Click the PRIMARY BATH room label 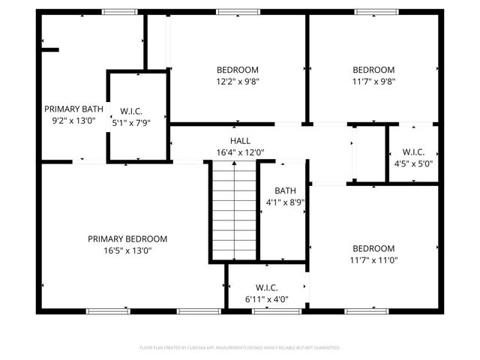73,109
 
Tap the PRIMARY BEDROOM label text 127,239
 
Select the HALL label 240,141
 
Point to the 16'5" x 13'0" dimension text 127,251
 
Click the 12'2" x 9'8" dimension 238,82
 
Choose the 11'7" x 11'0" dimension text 373,261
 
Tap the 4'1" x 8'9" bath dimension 285,202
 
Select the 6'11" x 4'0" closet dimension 267,299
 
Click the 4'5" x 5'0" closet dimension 413,163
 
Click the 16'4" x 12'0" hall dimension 240,153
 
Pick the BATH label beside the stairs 285,191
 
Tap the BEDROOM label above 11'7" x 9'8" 373,70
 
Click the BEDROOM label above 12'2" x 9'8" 238,70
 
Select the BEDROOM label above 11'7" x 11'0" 373,249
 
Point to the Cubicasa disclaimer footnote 240,348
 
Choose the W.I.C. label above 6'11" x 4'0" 267,287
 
